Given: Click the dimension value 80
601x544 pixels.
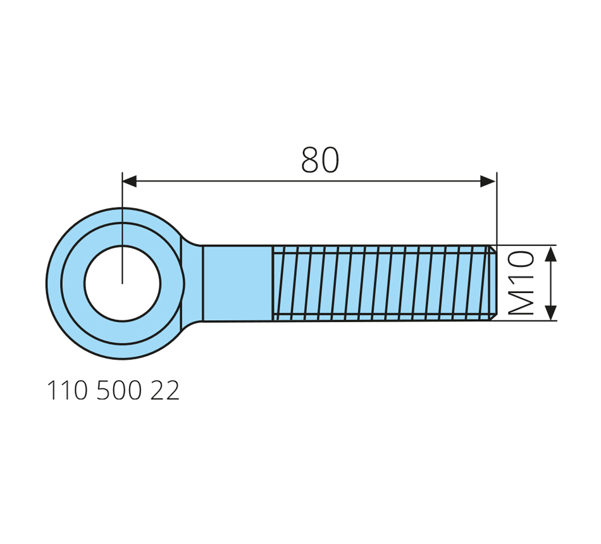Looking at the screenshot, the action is click(320, 159).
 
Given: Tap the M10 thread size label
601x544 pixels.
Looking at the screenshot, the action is click(521, 283).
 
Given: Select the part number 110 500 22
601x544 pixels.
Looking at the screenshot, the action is click(113, 391).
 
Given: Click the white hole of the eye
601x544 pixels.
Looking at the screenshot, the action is click(123, 283).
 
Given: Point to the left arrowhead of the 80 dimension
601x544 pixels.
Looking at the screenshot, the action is click(130, 181).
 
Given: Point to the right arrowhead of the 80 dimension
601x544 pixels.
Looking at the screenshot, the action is click(488, 181).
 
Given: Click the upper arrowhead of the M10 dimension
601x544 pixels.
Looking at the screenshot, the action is click(551, 254).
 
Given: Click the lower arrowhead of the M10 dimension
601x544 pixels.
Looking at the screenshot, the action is click(551, 312).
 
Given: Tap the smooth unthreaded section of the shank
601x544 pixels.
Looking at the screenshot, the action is click(238, 283).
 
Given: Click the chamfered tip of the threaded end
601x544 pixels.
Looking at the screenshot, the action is click(493, 283).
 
